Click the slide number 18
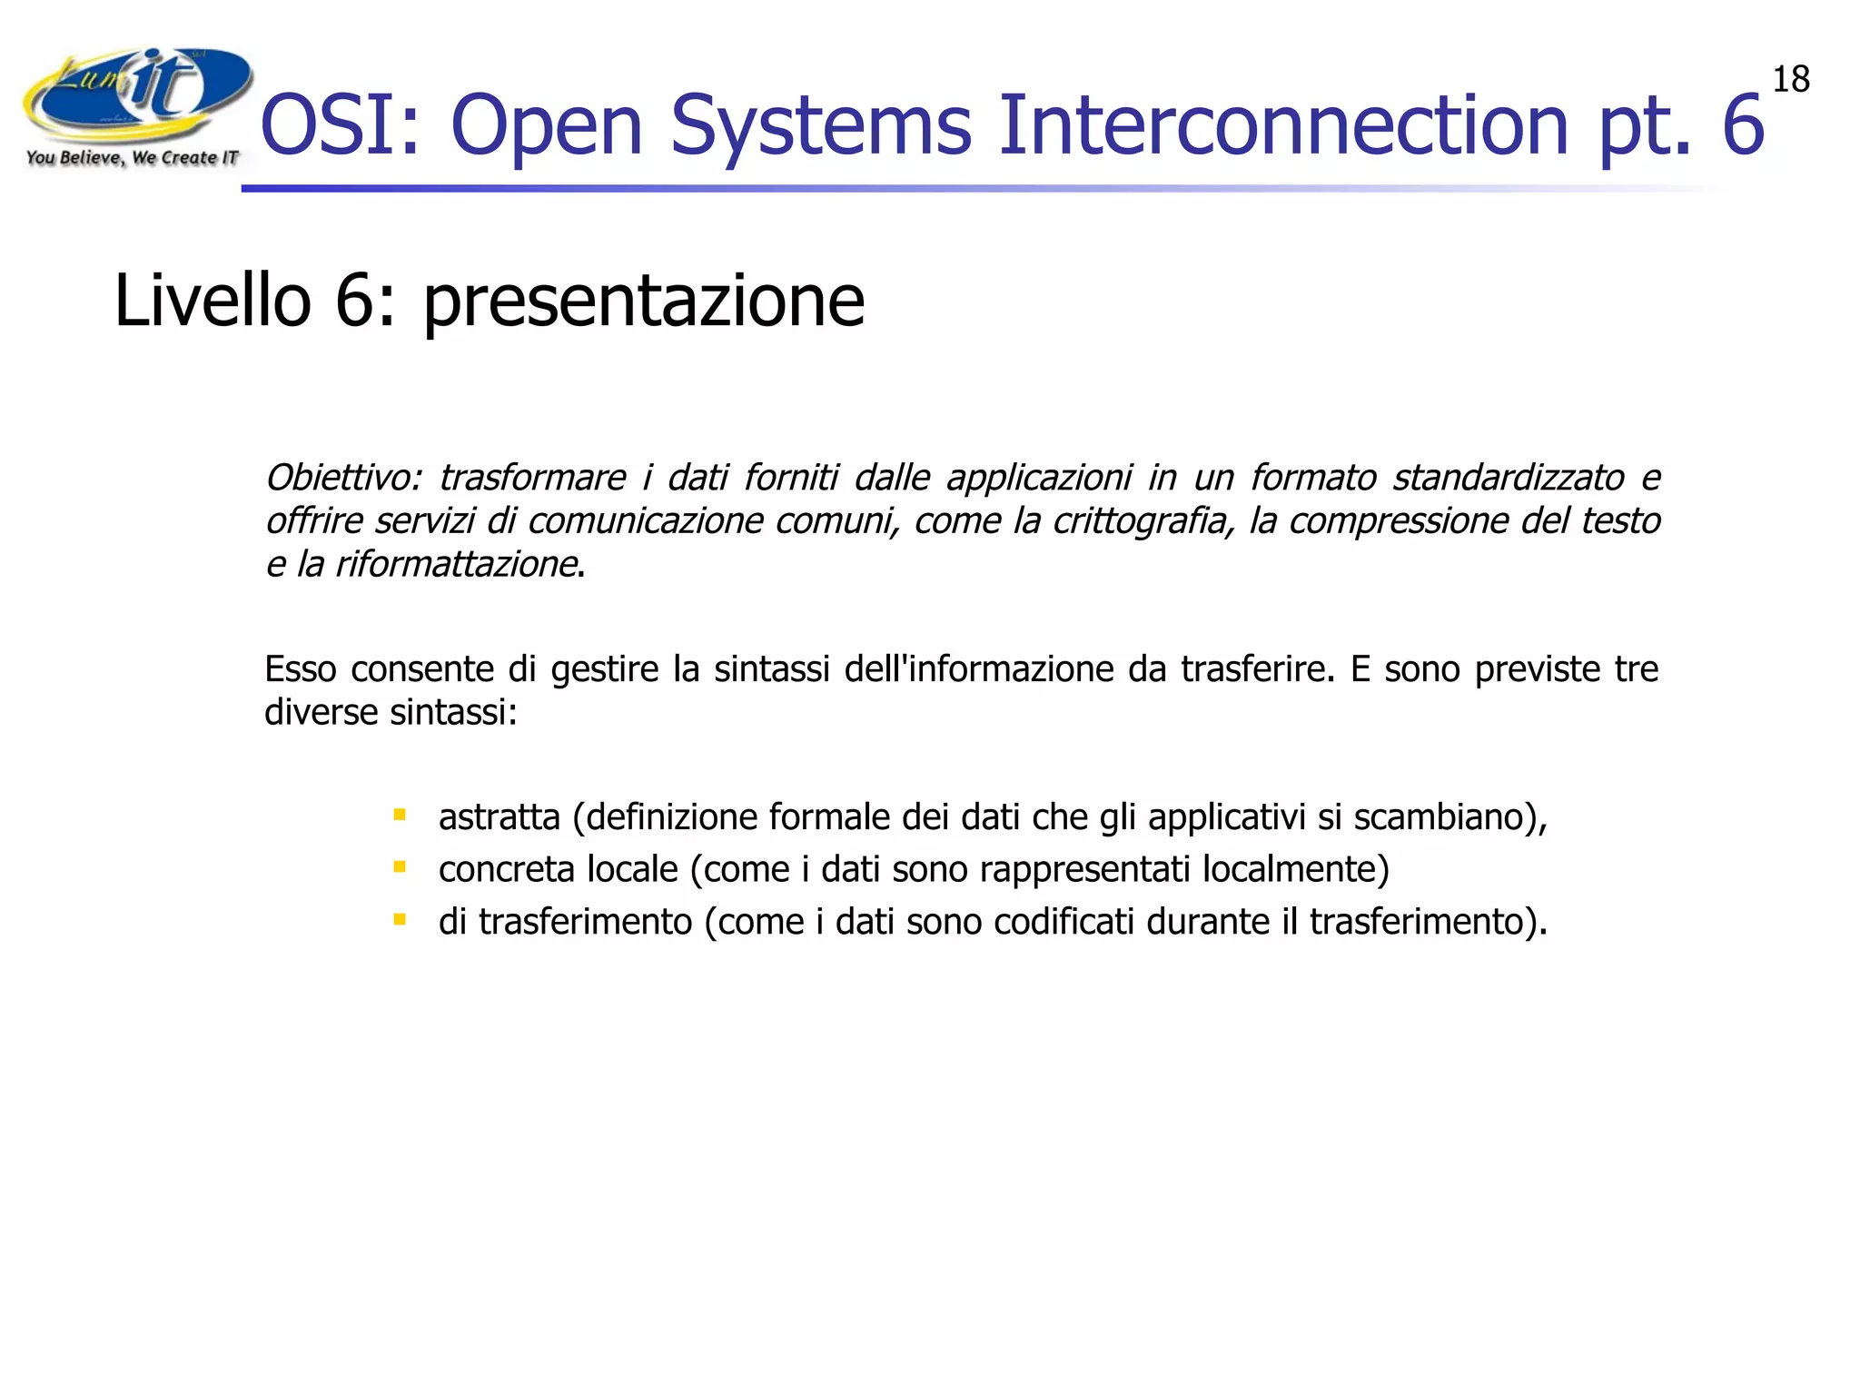coord(1791,80)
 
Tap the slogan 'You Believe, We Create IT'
coord(132,158)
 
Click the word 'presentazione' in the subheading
coord(643,302)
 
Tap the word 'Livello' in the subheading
coord(213,302)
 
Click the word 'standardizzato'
coord(1508,478)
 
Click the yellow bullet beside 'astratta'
coord(400,815)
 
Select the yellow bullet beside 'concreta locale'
coord(400,867)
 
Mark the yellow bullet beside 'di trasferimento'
coord(400,919)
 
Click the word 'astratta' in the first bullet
coord(499,817)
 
